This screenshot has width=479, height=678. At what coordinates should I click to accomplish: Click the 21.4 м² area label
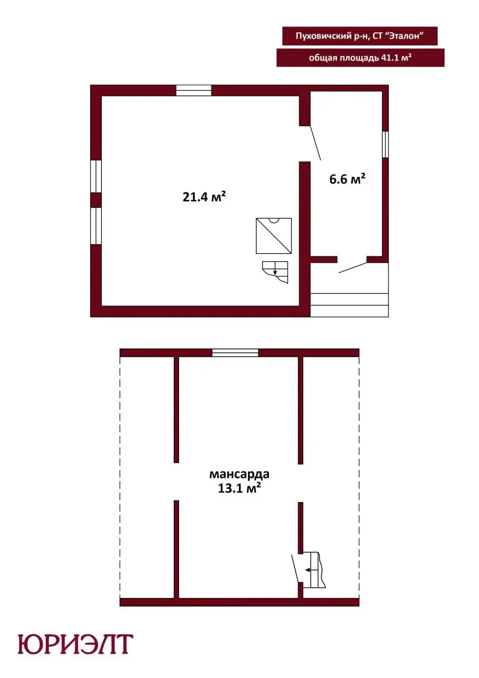click(204, 197)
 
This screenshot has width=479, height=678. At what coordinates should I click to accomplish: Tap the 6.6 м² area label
click(347, 179)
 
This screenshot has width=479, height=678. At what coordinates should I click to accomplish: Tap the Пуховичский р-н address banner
click(359, 35)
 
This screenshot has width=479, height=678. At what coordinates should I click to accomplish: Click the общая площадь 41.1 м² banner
click(360, 58)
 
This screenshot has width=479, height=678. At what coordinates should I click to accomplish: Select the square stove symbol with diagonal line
click(274, 236)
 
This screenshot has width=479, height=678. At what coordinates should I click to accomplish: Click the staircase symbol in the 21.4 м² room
click(275, 272)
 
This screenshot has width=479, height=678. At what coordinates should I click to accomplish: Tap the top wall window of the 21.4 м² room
click(193, 91)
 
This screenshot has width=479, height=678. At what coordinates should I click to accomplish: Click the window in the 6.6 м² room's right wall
click(385, 144)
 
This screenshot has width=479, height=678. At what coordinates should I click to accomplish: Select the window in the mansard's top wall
click(235, 353)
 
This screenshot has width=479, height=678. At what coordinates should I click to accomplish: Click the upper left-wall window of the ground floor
click(96, 176)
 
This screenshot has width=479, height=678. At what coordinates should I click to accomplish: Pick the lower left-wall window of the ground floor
click(96, 226)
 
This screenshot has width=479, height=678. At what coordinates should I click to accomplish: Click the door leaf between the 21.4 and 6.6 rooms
click(315, 143)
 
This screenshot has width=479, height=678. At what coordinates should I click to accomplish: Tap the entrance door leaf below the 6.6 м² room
click(353, 267)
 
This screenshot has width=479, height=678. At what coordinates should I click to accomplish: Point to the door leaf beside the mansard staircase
click(295, 568)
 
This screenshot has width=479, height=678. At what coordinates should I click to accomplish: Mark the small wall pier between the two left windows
click(96, 200)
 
